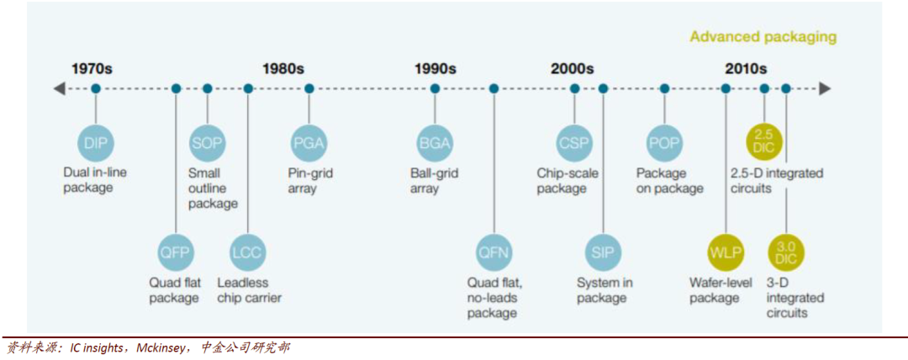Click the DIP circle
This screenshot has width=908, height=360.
coord(96,142)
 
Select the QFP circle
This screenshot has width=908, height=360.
coord(176,251)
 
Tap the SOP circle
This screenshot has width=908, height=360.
coord(207,142)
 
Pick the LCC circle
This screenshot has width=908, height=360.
coord(248,251)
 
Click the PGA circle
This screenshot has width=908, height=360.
coord(309,142)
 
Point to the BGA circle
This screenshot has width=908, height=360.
coord(435,142)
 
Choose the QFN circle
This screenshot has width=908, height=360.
coord(494,251)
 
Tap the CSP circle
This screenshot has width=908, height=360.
coord(575,142)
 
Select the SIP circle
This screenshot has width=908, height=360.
coord(603,251)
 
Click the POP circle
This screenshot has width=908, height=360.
coord(665,142)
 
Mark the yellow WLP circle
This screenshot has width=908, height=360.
coord(726,251)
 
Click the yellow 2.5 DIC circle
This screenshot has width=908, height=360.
coord(764,140)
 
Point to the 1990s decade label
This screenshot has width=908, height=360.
coord(435,69)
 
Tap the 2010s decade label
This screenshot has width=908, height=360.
coord(746,69)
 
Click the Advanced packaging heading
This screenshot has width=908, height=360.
coord(763,37)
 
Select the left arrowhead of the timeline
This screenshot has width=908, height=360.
coord(58,88)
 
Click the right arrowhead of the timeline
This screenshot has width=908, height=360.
coord(826,88)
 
